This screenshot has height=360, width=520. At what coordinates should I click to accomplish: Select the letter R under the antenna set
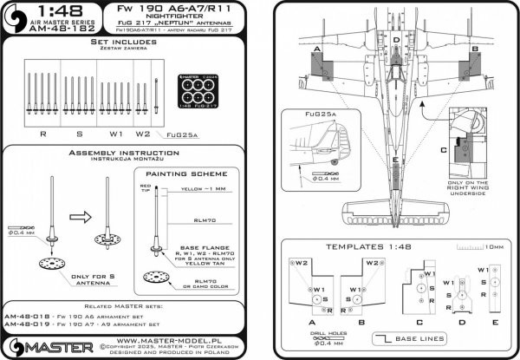43,136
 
